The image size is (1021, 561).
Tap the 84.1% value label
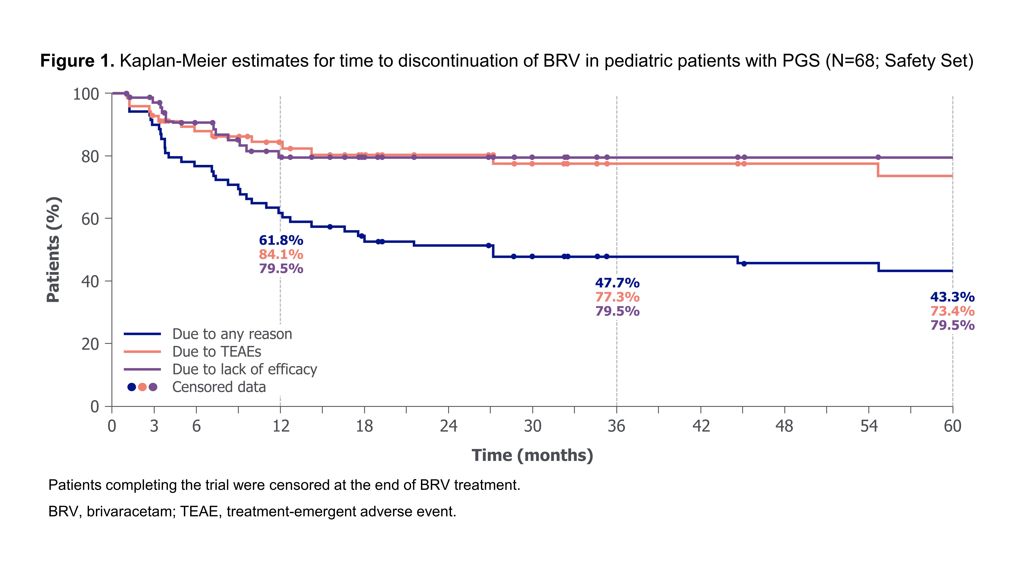(x=281, y=254)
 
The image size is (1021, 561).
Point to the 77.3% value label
(x=617, y=297)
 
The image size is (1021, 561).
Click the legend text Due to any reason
(x=232, y=334)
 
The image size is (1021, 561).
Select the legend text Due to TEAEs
(x=217, y=352)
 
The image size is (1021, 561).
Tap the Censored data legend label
(x=219, y=387)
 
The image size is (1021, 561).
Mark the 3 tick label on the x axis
(x=154, y=426)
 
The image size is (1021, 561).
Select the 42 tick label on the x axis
(x=701, y=426)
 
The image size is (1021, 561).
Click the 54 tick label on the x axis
(x=869, y=426)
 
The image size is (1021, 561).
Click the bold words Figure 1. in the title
(x=77, y=61)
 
